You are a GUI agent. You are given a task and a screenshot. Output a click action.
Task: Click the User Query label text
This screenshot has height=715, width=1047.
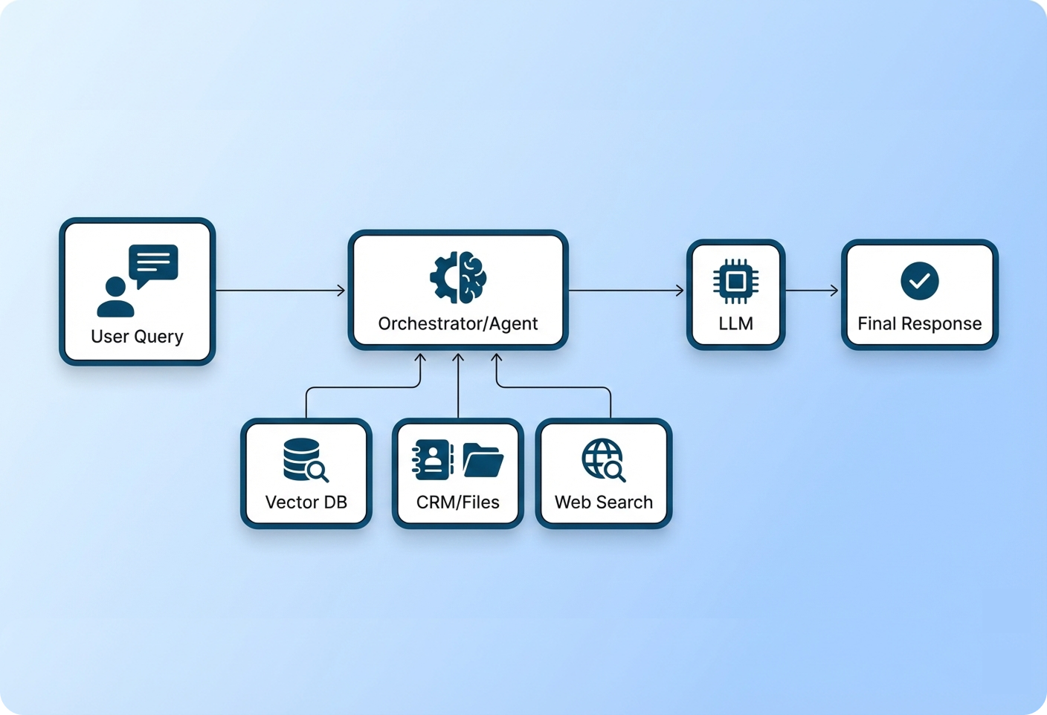[x=137, y=337]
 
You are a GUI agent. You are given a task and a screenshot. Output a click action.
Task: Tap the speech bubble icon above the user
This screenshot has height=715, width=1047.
[x=153, y=263]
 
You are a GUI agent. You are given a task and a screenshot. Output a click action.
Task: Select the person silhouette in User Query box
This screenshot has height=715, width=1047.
[x=115, y=297]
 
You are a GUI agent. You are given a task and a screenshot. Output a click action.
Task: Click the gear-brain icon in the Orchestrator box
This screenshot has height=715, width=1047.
[x=458, y=277]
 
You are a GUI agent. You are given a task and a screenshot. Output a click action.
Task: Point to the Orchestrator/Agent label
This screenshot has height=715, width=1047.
[x=458, y=323]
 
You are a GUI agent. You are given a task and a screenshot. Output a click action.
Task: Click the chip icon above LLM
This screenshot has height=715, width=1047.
[x=735, y=281]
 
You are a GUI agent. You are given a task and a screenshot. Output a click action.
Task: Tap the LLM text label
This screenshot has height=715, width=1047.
[x=735, y=323]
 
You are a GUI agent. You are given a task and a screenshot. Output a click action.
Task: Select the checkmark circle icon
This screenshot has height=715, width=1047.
[x=920, y=281]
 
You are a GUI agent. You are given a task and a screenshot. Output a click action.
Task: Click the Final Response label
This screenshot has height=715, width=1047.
[x=920, y=323]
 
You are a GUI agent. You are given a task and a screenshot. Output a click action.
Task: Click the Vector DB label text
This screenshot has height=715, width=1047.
[x=306, y=502]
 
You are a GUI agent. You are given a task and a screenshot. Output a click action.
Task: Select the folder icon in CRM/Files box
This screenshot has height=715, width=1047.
[x=483, y=459]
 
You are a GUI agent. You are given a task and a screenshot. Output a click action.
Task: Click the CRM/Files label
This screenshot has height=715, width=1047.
[x=458, y=502]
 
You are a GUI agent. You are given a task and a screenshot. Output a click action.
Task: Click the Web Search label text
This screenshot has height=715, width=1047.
[x=604, y=502]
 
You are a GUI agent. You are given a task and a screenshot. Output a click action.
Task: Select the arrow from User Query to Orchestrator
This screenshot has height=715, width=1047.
[x=281, y=290]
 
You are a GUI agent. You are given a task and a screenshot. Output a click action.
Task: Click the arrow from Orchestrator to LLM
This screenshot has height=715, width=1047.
[x=626, y=290]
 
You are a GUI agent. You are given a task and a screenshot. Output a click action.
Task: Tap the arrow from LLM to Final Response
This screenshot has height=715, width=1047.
[x=812, y=290]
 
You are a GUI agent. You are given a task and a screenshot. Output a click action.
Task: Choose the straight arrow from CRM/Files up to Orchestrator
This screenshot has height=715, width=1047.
[x=458, y=386]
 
